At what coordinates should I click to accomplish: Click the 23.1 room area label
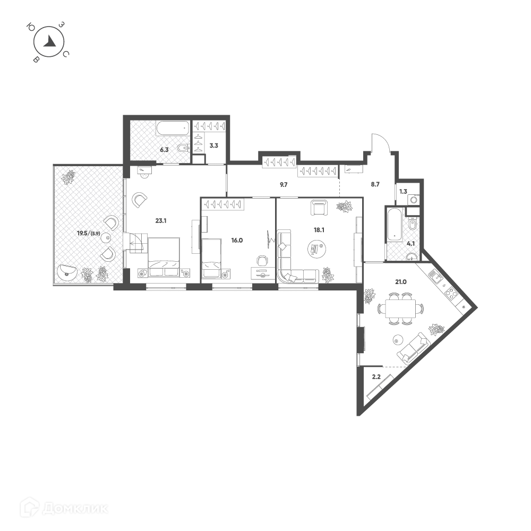161,221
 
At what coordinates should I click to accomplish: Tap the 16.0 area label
237,241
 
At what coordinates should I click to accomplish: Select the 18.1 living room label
319,230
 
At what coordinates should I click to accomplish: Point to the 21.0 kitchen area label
400,282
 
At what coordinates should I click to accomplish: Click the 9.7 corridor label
284,185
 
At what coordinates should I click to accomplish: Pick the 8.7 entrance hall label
375,185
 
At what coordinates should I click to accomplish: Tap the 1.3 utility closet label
403,191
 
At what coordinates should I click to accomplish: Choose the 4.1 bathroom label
411,243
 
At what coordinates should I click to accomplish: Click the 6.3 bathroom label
164,150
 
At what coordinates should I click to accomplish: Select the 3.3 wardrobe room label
213,145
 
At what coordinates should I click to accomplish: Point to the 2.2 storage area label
376,376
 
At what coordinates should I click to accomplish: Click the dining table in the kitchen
400,309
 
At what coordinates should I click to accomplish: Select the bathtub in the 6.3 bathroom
172,129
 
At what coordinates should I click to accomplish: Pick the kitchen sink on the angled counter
435,277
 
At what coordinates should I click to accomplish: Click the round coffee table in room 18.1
316,249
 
